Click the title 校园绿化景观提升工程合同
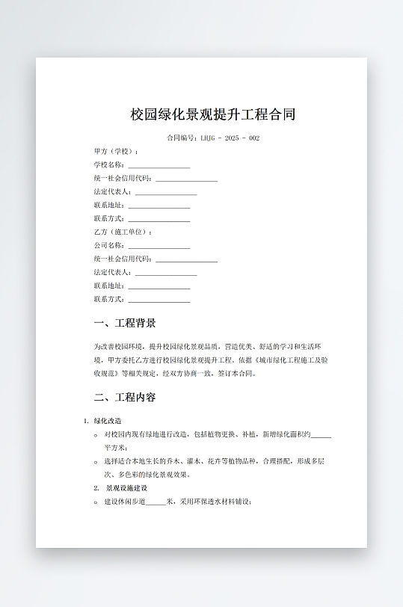pyautogui.click(x=213, y=114)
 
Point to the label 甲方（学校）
pyautogui.click(x=116, y=152)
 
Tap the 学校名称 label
pyautogui.click(x=109, y=165)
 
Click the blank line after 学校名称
pyautogui.click(x=159, y=166)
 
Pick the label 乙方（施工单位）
pyautogui.click(x=123, y=232)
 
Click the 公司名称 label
pyautogui.click(x=109, y=246)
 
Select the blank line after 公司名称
pyautogui.click(x=159, y=247)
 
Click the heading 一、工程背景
pyautogui.click(x=125, y=323)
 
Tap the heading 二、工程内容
pyautogui.click(x=125, y=397)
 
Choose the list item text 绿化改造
pyautogui.click(x=108, y=421)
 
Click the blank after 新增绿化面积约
pyautogui.click(x=321, y=435)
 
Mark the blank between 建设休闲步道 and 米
pyautogui.click(x=156, y=502)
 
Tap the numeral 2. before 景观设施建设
pyautogui.click(x=96, y=488)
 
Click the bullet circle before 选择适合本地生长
pyautogui.click(x=96, y=461)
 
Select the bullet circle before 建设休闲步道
pyautogui.click(x=96, y=502)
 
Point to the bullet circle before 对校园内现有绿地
pyautogui.click(x=96, y=434)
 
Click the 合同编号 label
pyautogui.click(x=182, y=138)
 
